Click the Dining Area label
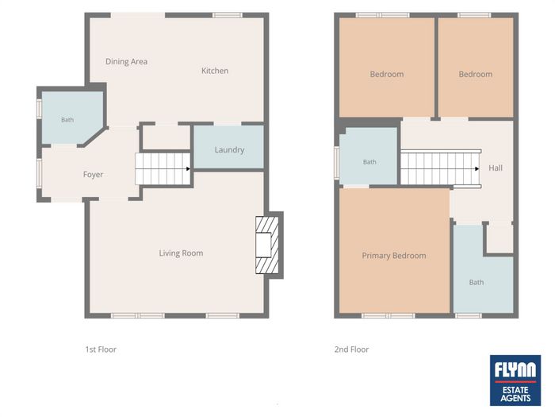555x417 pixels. click(x=126, y=61)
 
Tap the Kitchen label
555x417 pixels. click(x=215, y=71)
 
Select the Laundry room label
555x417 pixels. click(x=229, y=149)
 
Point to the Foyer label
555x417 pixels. click(x=93, y=175)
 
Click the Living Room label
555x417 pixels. click(x=181, y=253)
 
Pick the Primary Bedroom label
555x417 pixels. click(x=394, y=256)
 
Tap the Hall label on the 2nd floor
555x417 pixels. click(x=496, y=168)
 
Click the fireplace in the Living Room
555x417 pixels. click(x=267, y=245)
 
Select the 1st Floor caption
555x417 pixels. click(x=101, y=349)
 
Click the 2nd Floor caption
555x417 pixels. click(x=351, y=349)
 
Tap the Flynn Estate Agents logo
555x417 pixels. click(x=515, y=380)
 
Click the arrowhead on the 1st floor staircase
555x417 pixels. click(x=189, y=168)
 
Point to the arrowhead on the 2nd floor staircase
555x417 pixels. click(x=477, y=168)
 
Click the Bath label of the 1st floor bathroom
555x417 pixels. click(x=67, y=120)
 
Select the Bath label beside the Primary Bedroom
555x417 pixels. click(x=477, y=282)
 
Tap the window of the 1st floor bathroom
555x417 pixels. click(x=40, y=108)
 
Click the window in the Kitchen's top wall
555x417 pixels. click(x=228, y=15)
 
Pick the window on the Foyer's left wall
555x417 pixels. click(x=40, y=172)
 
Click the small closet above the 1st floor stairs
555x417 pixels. click(x=166, y=137)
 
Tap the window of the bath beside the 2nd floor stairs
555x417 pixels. click(x=337, y=162)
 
